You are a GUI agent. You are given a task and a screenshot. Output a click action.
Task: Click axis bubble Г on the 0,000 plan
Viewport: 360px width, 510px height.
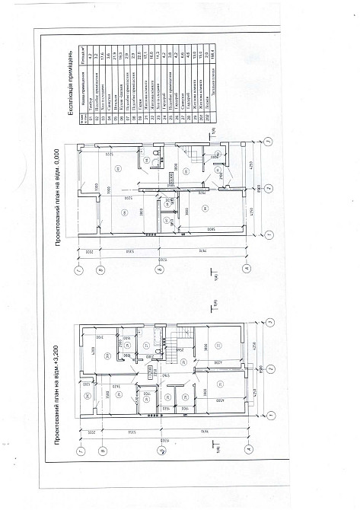78,269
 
